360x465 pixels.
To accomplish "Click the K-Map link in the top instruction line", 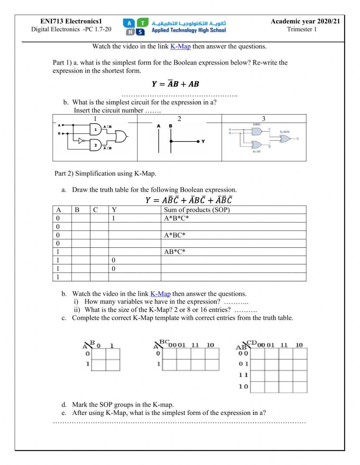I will point(180,46).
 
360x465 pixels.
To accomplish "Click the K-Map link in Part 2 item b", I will point(160,294).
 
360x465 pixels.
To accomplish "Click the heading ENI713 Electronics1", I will point(71,22).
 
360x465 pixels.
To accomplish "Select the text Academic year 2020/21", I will point(305,22).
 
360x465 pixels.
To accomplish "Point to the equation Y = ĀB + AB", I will point(175,84).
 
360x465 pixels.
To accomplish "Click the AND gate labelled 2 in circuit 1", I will point(96,145).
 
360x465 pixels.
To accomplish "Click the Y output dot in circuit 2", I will point(198,142).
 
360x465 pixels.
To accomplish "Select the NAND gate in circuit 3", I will point(257,131).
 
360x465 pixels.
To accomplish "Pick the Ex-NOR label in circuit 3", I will point(284,132).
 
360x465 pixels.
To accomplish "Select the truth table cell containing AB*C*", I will point(175,252).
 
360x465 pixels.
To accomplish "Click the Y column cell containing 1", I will point(113,218).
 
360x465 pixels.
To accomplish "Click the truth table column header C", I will point(95,210).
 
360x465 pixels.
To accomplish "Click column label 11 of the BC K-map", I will point(195,345).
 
